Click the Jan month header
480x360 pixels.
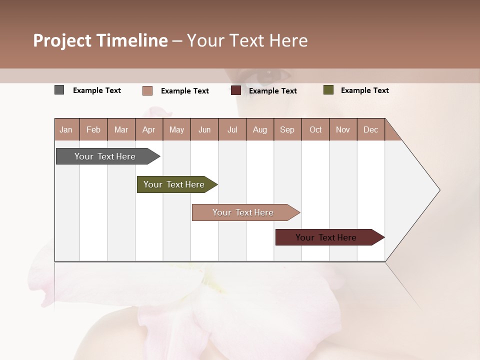(66, 129)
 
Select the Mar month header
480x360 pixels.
(121, 129)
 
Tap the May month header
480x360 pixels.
(176, 129)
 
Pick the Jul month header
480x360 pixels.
(232, 129)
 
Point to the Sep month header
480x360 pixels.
(287, 129)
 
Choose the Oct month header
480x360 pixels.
(315, 129)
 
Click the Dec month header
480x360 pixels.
(370, 129)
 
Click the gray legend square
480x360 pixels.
(59, 90)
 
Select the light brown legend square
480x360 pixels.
(147, 90)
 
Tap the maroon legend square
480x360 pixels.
(236, 90)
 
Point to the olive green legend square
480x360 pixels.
(328, 90)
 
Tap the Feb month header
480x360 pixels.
(93, 129)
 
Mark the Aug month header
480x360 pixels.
(259, 129)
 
